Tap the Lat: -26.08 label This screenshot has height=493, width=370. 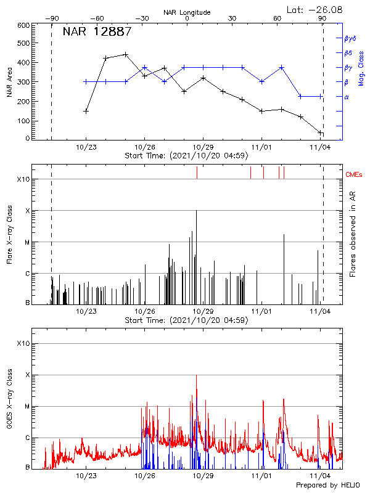(x=315, y=9)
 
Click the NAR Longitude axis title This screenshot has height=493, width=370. (x=187, y=12)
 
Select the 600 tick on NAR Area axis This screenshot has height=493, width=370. (x=23, y=25)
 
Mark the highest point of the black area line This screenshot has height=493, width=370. (x=126, y=54)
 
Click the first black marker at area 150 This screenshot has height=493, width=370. (x=86, y=111)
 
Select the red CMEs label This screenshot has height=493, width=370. (x=355, y=175)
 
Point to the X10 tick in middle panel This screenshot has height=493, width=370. (x=23, y=179)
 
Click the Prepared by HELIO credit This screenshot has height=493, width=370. (x=327, y=486)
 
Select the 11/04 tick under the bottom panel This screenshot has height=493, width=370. (x=320, y=476)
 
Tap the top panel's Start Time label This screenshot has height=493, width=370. (x=187, y=155)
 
